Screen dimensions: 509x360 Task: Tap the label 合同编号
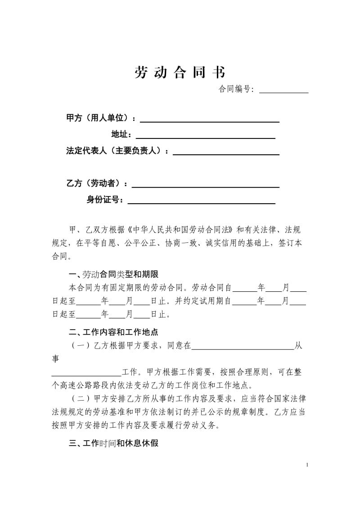[x=236, y=89]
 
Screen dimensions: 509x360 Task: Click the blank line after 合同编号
[x=284, y=91]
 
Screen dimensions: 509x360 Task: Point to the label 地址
[x=121, y=134]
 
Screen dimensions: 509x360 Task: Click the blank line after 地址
[x=206, y=137]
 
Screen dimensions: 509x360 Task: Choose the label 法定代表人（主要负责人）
[x=117, y=151]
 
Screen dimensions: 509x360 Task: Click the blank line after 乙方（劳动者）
[x=205, y=186]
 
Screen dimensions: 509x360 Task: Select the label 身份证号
[x=105, y=200]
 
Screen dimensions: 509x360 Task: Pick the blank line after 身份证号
[x=202, y=203]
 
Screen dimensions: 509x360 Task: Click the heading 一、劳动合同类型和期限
[x=113, y=275]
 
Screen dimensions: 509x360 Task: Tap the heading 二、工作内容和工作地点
[x=113, y=332]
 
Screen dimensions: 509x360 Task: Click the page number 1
[x=307, y=464]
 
